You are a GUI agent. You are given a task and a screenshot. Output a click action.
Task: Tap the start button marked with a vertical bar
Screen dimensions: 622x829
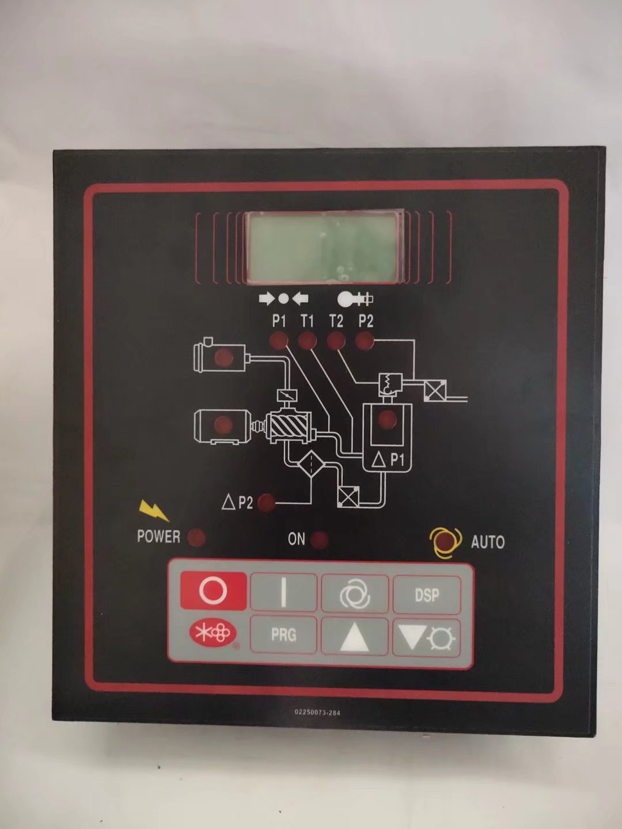[x=283, y=592]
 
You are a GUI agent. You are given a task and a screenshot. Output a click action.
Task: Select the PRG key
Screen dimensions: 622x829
[x=283, y=635]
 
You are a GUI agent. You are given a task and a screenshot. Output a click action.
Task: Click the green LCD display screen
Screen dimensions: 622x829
[x=324, y=247]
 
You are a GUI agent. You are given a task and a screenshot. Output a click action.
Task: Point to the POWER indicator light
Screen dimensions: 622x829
[x=196, y=538]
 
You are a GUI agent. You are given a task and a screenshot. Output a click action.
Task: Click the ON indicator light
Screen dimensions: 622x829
[x=319, y=540]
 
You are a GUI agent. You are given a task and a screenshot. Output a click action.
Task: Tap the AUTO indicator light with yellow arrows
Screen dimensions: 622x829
[x=445, y=542]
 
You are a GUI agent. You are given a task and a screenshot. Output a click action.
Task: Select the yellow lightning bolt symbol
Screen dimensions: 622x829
[x=154, y=510]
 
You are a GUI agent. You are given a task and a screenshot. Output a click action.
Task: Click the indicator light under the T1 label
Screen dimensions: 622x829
[x=307, y=341]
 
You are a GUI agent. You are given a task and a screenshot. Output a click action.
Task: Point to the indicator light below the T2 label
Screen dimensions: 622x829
[x=336, y=341]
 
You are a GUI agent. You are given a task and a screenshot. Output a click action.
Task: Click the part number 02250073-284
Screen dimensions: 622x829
[x=317, y=712]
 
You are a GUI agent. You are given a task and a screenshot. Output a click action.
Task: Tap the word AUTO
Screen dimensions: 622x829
[x=487, y=542]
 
